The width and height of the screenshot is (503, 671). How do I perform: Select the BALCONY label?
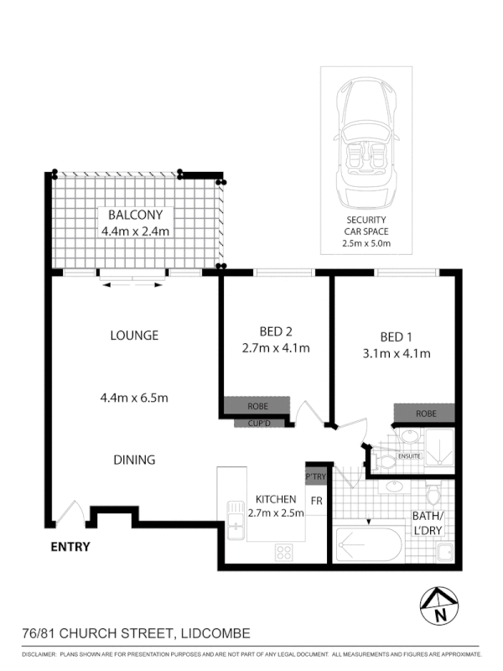click(x=135, y=215)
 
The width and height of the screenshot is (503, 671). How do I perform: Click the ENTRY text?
click(x=71, y=547)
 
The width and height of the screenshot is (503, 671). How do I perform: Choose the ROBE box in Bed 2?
click(x=257, y=406)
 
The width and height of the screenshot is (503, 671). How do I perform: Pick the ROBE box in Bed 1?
click(x=424, y=414)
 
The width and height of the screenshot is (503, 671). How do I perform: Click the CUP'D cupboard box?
click(x=258, y=423)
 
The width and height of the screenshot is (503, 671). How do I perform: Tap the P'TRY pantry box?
click(x=315, y=476)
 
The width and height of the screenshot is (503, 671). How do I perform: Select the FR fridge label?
click(x=317, y=502)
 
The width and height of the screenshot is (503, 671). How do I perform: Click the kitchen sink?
click(x=233, y=517)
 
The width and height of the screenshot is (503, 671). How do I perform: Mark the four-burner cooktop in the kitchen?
click(x=284, y=552)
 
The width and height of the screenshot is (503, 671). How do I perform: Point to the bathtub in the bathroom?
click(x=370, y=545)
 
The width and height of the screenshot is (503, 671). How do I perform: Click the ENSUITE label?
click(x=408, y=457)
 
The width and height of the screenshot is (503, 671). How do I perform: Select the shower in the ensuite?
click(x=438, y=445)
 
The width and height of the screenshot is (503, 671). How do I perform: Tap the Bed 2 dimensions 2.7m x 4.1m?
click(x=276, y=348)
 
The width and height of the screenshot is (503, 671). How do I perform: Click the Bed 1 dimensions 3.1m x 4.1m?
click(x=395, y=353)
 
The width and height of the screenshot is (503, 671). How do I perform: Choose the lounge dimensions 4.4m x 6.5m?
click(x=134, y=398)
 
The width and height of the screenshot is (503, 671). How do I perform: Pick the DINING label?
click(x=134, y=460)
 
